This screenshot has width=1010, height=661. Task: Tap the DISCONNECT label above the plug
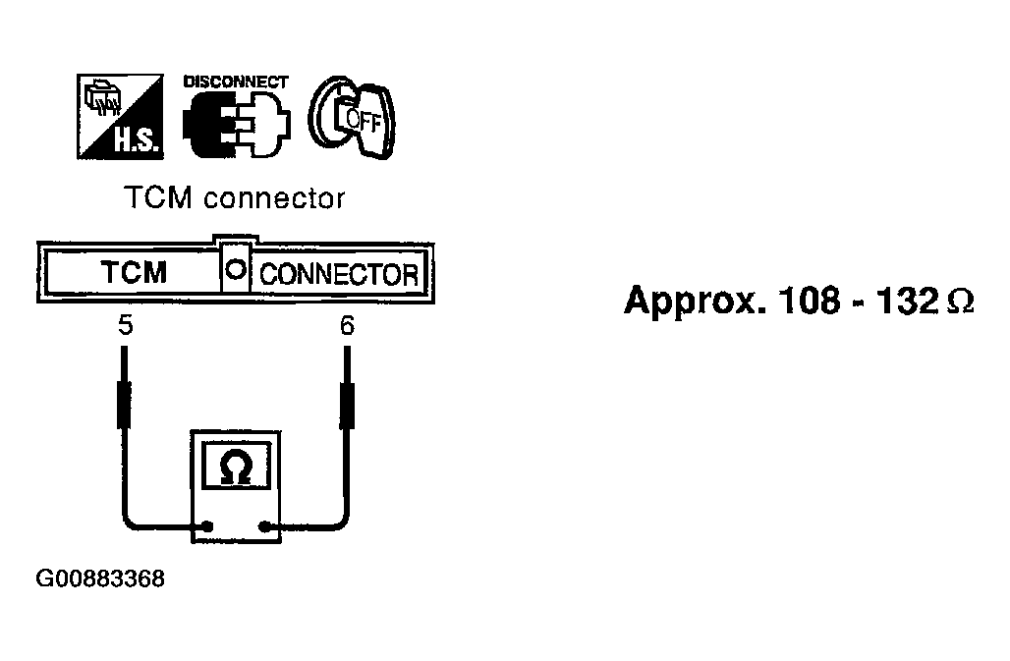tap(236, 82)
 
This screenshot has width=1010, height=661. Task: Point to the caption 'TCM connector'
tap(235, 197)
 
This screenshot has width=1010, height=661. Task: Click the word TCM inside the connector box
tap(134, 272)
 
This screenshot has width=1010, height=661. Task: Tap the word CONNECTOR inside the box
tap(338, 274)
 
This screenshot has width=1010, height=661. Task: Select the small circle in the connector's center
tap(236, 272)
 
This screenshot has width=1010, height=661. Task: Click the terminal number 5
tap(125, 326)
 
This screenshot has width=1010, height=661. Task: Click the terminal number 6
tap(347, 326)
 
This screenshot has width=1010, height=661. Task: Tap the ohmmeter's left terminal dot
tap(207, 528)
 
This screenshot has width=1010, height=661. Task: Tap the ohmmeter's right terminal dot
tap(264, 528)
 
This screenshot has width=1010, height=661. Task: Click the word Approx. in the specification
tap(694, 300)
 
